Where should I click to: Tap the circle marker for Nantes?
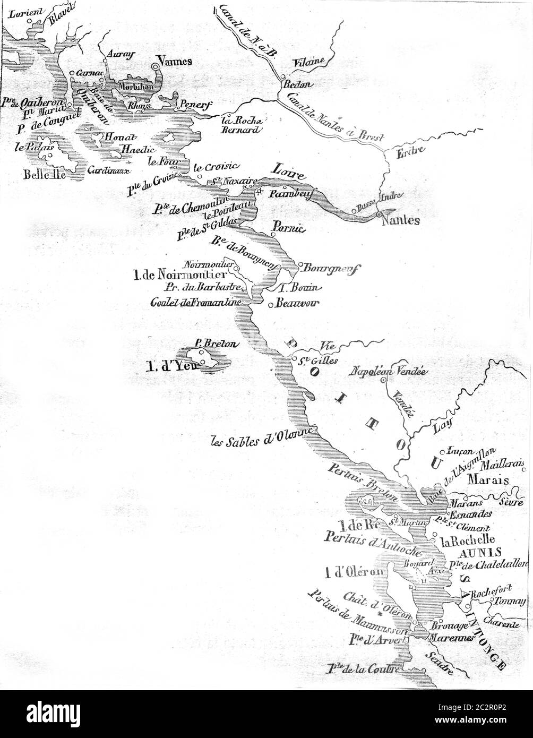(379, 214)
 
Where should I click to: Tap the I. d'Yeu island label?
(168, 365)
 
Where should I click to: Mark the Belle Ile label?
(45, 174)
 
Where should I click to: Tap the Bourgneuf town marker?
(300, 264)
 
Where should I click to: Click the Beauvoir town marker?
(271, 305)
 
